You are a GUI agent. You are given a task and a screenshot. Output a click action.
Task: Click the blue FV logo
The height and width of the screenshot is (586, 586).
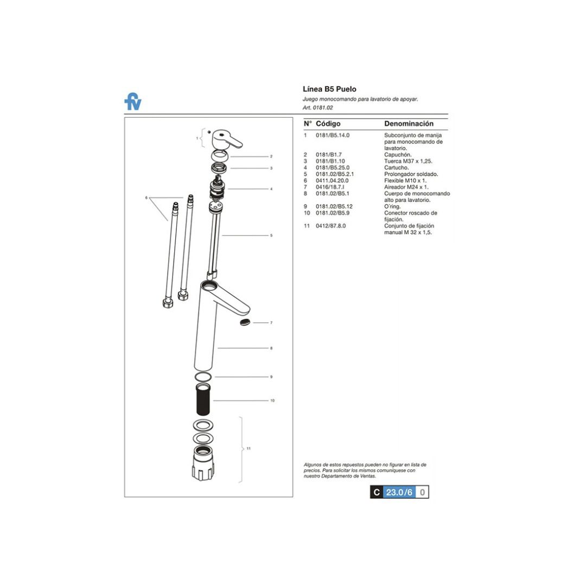pyautogui.click(x=132, y=102)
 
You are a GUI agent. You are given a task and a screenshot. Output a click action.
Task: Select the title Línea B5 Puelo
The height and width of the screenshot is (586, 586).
pyautogui.click(x=329, y=89)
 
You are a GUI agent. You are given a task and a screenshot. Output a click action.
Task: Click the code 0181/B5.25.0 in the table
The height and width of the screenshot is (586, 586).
pyautogui.click(x=332, y=168)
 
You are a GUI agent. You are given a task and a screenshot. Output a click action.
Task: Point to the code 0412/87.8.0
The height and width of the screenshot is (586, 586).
pyautogui.click(x=331, y=226)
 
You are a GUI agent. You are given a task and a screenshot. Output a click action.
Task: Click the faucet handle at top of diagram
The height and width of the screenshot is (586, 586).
pyautogui.click(x=226, y=139)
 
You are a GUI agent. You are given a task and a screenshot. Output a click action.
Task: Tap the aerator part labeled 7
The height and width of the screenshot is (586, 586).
pyautogui.click(x=246, y=322)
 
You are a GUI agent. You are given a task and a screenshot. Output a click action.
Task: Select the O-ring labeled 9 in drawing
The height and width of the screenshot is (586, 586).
pyautogui.click(x=202, y=377)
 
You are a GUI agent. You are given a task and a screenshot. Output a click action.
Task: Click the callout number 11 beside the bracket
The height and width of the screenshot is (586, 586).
pyautogui.click(x=249, y=449)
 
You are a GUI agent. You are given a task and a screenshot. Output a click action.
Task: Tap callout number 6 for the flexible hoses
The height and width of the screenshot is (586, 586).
pyautogui.click(x=146, y=198)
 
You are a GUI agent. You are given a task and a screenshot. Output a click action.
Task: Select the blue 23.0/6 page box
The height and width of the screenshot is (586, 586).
pyautogui.click(x=399, y=492)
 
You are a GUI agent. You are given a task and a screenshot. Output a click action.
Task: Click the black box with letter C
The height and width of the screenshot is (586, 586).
pyautogui.click(x=377, y=492)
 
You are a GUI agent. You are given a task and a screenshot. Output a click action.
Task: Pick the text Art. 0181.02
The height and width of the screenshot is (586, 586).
pyautogui.click(x=318, y=107)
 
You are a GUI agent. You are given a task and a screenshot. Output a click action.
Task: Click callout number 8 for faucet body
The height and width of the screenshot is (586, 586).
pyautogui.click(x=271, y=348)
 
